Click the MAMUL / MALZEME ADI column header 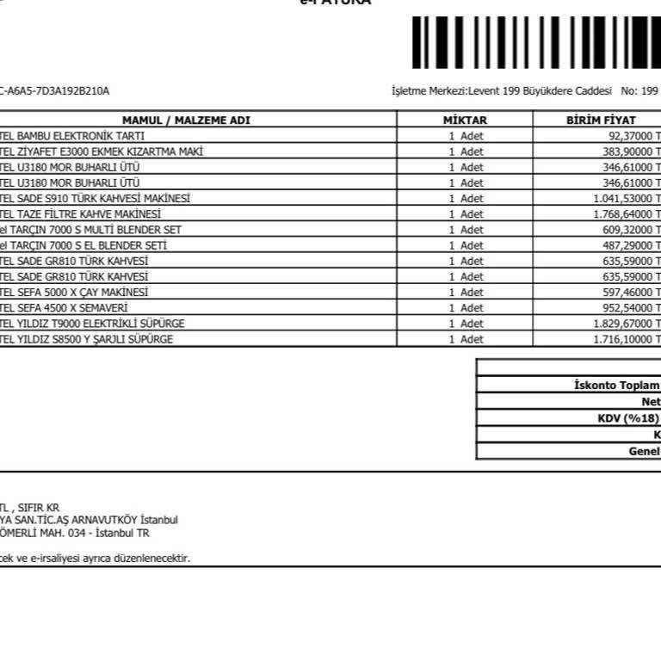pyautogui.click(x=186, y=120)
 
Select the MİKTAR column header pyautogui.click(x=465, y=120)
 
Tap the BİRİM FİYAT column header pyautogui.click(x=601, y=120)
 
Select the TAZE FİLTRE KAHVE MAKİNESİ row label pyautogui.click(x=81, y=213)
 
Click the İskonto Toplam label pyautogui.click(x=616, y=386)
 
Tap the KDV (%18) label pyautogui.click(x=628, y=418)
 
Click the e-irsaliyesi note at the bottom pyautogui.click(x=95, y=558)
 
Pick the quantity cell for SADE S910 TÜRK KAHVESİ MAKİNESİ pyautogui.click(x=465, y=198)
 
